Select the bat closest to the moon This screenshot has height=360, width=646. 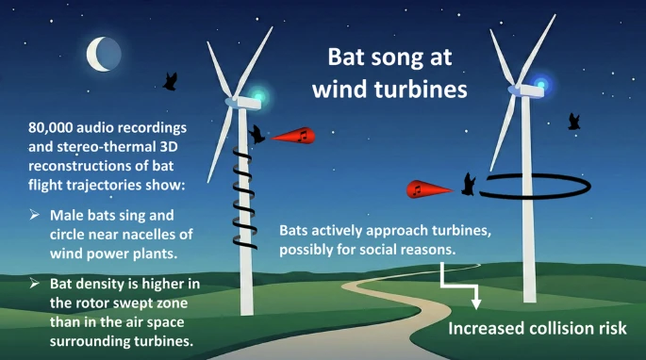[x=172, y=81]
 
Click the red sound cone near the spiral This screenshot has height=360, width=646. [x=296, y=137]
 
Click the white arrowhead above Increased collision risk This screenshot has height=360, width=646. [x=476, y=303]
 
